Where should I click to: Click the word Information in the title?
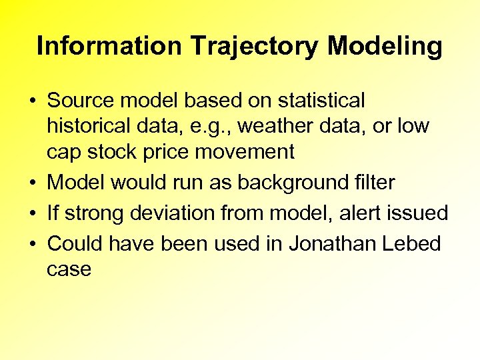(109, 46)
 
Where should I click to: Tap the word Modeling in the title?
(385, 46)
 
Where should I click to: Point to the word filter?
(371, 182)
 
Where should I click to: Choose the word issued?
(421, 213)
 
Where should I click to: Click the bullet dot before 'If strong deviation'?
(32, 213)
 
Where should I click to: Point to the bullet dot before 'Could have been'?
(32, 244)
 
